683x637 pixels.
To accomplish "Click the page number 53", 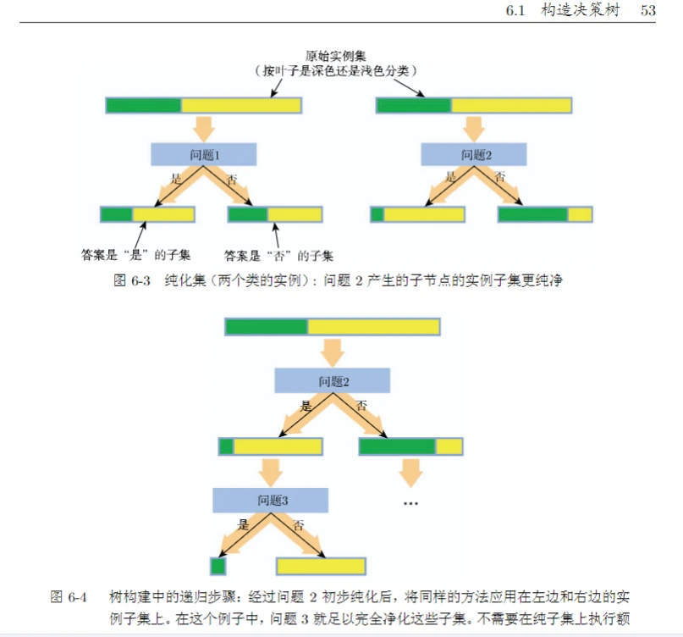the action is (649, 11).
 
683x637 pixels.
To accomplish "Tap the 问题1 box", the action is (204, 155).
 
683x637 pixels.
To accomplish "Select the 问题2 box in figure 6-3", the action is (475, 155).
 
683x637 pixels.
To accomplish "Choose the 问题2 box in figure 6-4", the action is (333, 380).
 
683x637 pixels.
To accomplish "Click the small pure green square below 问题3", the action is (218, 566).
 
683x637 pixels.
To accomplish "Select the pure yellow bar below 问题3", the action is (321, 566).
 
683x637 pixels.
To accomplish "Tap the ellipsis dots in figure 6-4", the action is (411, 503).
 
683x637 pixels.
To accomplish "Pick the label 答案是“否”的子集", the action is (278, 254).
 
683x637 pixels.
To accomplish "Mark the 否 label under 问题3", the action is (298, 525).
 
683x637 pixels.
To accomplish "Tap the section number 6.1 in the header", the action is (516, 11).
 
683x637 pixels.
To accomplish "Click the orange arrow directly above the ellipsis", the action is (411, 472).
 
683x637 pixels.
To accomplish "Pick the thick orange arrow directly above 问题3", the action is (271, 472).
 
